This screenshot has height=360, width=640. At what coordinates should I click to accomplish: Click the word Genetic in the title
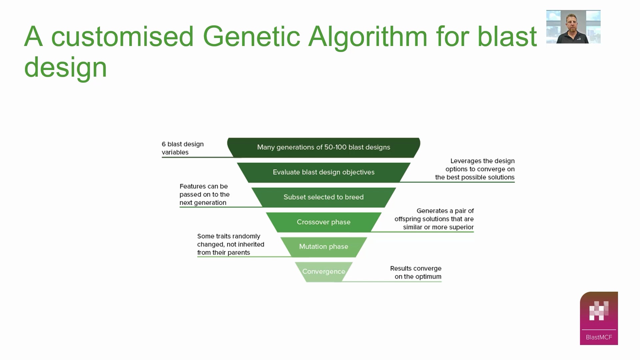pos(251,36)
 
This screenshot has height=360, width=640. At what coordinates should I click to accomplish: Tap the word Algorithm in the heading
pos(367,36)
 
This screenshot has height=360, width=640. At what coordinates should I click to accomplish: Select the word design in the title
pos(66,67)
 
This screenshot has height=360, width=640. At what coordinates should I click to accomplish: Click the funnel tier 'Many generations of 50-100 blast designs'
pos(323,147)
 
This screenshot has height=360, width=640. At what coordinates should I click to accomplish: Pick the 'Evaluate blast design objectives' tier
pos(323,172)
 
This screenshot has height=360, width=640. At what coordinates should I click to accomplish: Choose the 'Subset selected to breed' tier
pos(323,197)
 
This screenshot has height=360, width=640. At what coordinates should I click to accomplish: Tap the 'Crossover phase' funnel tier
pos(323,222)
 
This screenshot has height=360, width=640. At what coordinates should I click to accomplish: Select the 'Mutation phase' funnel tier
pos(323,247)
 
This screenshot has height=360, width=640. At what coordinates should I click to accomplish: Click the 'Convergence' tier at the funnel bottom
pos(323,271)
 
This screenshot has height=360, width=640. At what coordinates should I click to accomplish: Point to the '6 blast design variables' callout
pos(183,148)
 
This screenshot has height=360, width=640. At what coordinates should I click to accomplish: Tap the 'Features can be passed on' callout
pos(204,194)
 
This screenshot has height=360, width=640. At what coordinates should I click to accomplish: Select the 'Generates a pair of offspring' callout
pos(434,219)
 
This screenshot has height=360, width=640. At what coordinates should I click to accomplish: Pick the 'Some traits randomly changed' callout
pos(230,244)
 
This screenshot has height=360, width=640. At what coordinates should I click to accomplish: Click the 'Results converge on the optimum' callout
pos(416,272)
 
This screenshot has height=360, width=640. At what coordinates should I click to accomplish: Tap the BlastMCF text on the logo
pos(599,337)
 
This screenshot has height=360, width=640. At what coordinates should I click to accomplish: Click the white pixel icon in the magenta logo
pos(599,311)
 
